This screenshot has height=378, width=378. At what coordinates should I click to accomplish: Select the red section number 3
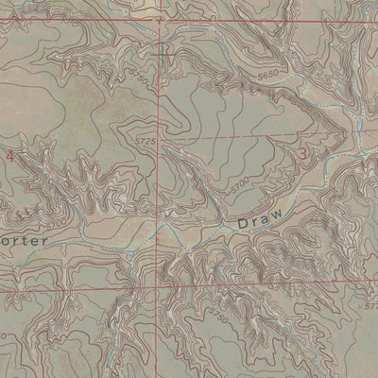[x=302, y=154]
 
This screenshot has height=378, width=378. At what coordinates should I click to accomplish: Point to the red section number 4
[x=10, y=154]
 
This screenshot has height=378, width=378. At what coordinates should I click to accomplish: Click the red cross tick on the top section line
[x=160, y=18]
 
